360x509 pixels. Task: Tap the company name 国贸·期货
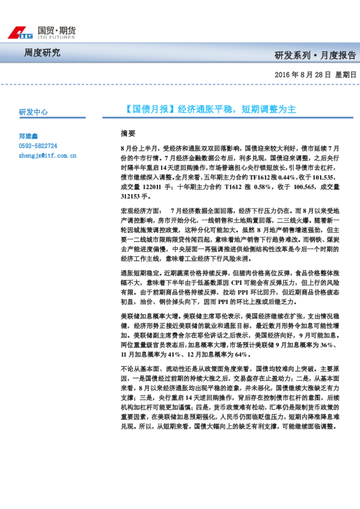point(56,30)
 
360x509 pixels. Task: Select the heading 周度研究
point(42,53)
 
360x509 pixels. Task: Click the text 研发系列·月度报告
point(315,56)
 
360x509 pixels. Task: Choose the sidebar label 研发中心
point(33,112)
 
